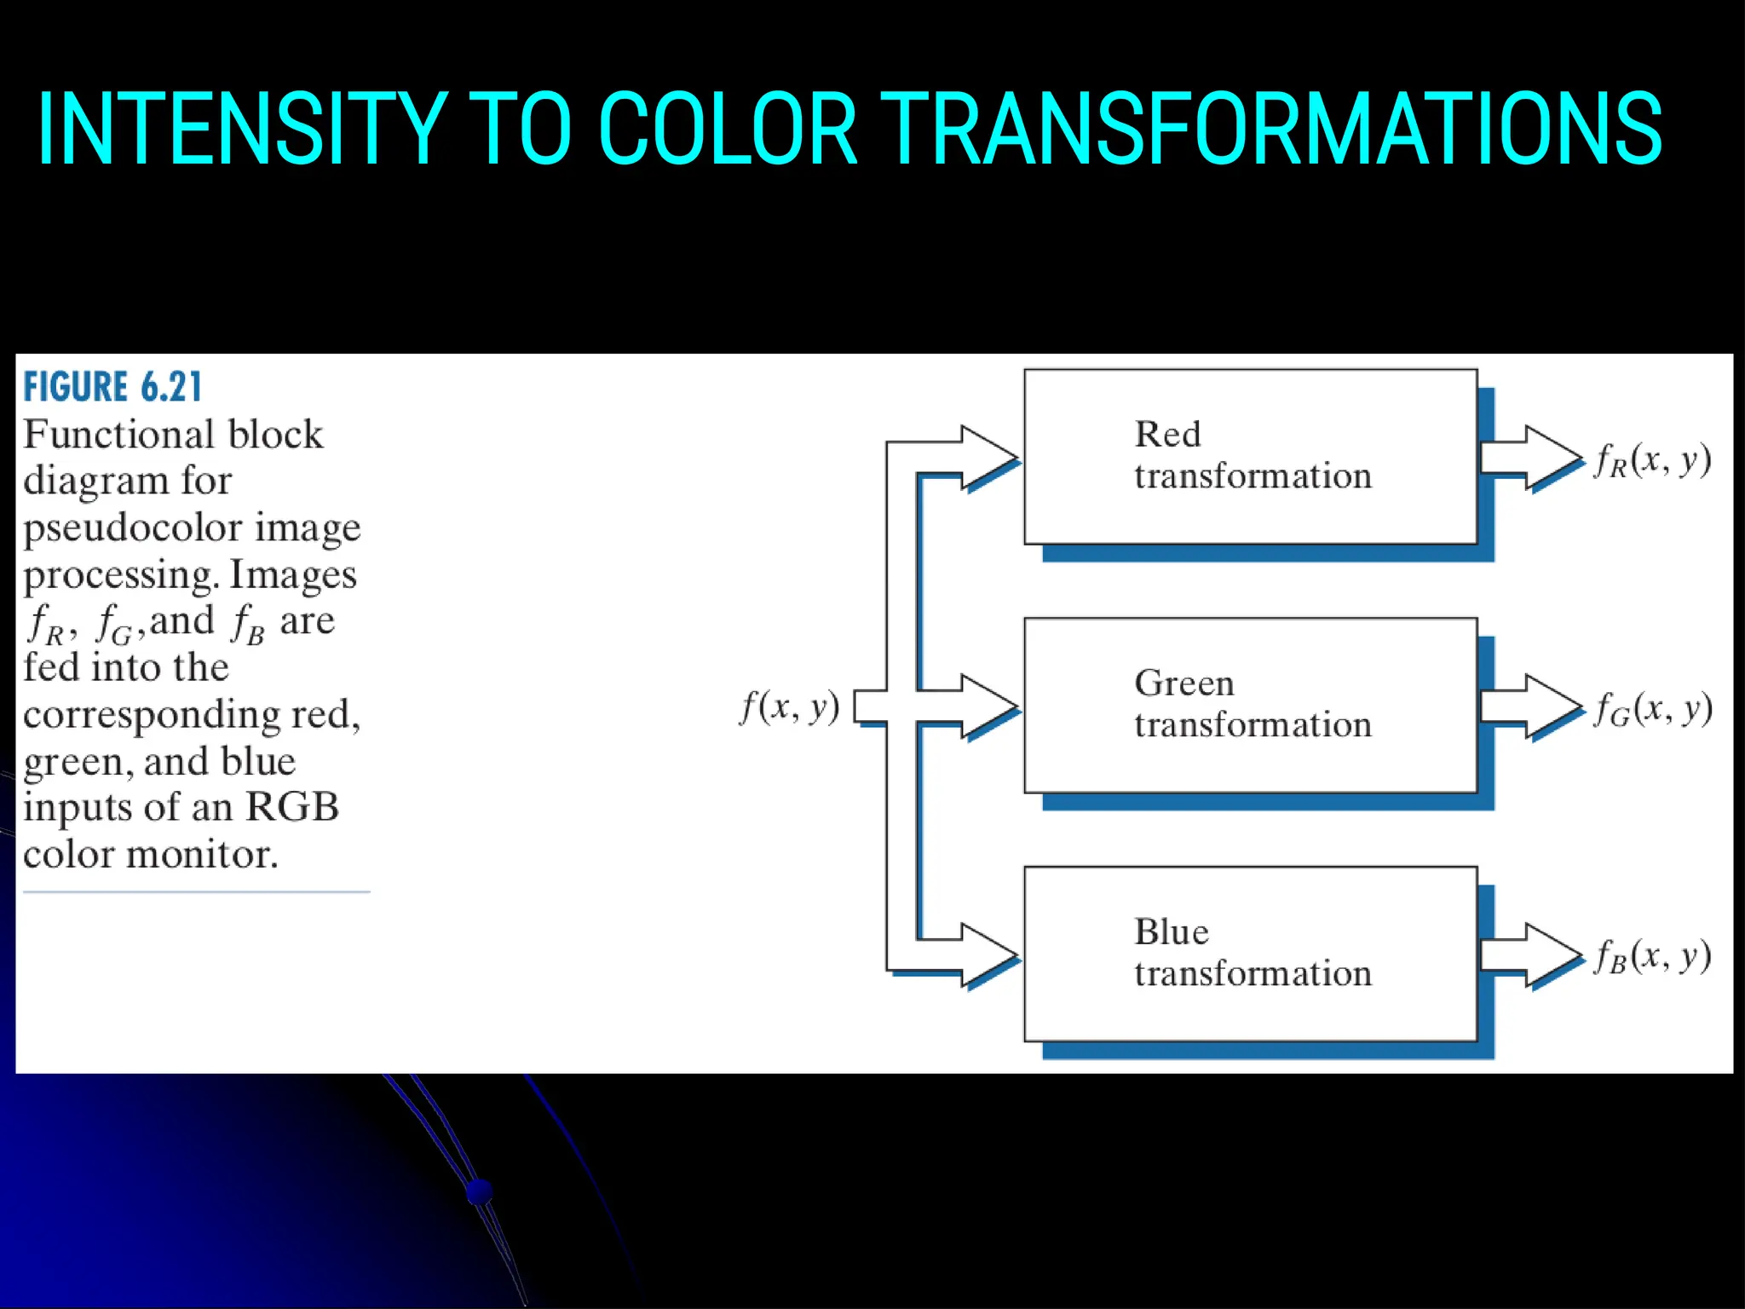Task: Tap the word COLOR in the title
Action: (727, 130)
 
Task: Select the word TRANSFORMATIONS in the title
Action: (1270, 130)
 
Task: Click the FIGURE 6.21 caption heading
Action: (112, 388)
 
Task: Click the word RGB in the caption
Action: (292, 806)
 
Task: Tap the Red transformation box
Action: (1250, 456)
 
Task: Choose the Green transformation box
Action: (1250, 705)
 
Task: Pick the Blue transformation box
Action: (1250, 954)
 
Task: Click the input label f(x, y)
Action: (789, 706)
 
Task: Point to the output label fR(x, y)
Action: (1652, 460)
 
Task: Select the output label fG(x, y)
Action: (1652, 709)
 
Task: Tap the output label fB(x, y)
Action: (1652, 957)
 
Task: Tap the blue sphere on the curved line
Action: (480, 1190)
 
